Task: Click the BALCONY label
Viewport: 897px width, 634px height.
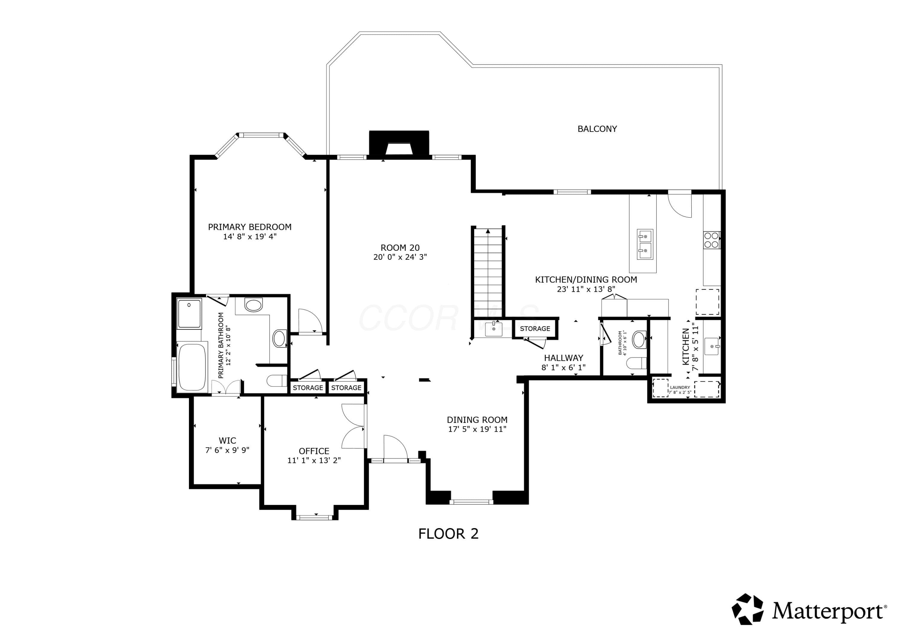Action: click(597, 129)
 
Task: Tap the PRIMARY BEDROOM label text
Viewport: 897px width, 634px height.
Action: click(250, 227)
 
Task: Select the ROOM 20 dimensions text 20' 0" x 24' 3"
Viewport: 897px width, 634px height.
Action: click(400, 257)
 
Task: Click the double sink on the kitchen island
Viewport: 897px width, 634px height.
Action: click(645, 244)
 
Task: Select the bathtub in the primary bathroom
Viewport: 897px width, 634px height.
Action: click(192, 367)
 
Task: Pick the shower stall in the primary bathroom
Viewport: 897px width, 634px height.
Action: click(190, 314)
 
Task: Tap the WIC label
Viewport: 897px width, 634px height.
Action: click(227, 441)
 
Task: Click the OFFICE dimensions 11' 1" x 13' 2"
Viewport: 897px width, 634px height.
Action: click(314, 461)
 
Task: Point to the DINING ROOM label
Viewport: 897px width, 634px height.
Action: click(477, 420)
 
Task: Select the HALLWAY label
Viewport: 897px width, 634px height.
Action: click(563, 358)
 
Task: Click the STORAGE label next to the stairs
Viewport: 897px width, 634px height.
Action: click(535, 329)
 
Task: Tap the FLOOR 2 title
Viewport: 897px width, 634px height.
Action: click(448, 534)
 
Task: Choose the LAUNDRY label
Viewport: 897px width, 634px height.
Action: click(680, 387)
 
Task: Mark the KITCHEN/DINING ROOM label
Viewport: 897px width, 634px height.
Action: click(586, 280)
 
